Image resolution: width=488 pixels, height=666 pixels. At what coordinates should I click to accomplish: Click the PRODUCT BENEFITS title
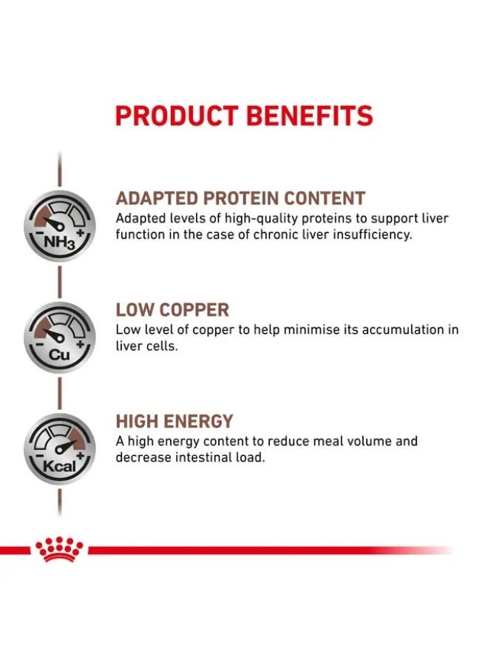[x=244, y=116]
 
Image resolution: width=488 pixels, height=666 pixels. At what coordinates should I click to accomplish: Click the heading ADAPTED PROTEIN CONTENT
[x=240, y=198]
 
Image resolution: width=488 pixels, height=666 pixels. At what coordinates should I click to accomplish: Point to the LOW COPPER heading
[x=172, y=310]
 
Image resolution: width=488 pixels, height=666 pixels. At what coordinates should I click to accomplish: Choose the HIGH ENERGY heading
[x=174, y=422]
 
